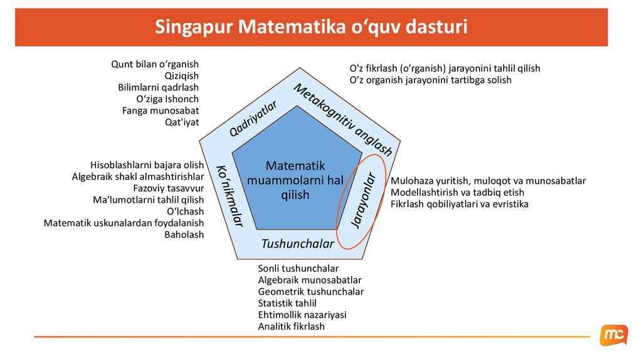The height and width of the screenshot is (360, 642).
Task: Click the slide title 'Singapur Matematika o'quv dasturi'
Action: (x=311, y=28)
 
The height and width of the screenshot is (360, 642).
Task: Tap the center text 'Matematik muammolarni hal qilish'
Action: (x=295, y=180)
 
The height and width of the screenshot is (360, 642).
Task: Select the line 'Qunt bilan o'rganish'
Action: (x=155, y=64)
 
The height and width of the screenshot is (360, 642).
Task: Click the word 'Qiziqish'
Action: (x=181, y=76)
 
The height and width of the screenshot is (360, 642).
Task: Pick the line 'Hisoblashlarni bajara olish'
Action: (x=147, y=164)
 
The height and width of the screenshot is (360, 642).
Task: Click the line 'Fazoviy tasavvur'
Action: (x=169, y=188)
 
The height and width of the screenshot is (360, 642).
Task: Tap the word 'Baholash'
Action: (x=184, y=235)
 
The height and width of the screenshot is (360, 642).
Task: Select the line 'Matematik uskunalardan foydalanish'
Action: (x=124, y=223)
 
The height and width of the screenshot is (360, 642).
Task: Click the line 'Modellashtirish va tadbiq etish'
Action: (x=457, y=193)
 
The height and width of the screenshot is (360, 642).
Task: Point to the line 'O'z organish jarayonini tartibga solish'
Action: (x=430, y=80)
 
